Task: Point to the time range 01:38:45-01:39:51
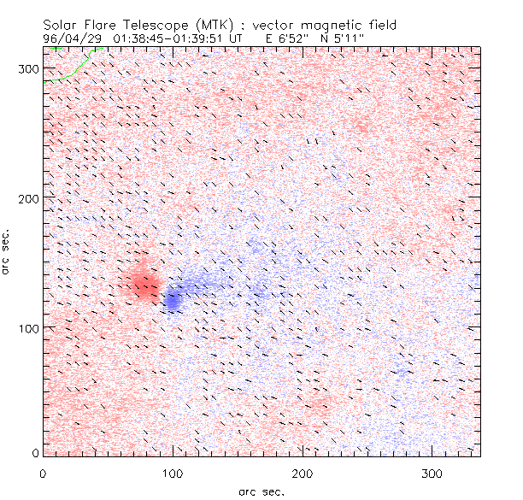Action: pos(168,38)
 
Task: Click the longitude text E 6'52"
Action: pos(287,38)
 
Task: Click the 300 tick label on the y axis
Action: pos(28,68)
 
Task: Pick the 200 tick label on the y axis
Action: pos(28,198)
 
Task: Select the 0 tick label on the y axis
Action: pos(34,452)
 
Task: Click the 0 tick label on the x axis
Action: pos(43,472)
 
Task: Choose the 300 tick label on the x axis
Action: pos(432,472)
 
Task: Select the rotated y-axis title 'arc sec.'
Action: pos(7,252)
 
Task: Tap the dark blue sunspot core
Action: pos(173,300)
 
